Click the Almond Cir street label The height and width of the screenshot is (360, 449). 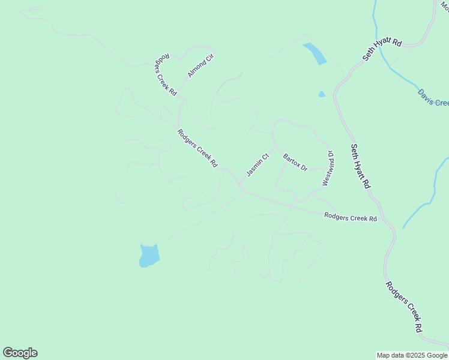click(200, 65)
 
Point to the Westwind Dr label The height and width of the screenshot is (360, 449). click(328, 169)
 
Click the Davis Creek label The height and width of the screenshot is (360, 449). click(433, 97)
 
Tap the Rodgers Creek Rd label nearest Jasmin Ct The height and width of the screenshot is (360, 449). click(197, 148)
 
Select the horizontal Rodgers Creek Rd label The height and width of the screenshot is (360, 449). click(351, 217)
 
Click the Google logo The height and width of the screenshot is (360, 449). click(20, 353)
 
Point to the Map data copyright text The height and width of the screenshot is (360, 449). click(412, 355)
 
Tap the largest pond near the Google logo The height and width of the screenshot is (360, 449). click(149, 256)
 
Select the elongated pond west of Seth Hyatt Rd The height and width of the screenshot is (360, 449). click(315, 53)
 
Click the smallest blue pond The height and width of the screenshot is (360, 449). click(322, 94)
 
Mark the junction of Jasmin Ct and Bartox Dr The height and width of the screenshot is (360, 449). click(275, 146)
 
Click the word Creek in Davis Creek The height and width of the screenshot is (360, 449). click(441, 100)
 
